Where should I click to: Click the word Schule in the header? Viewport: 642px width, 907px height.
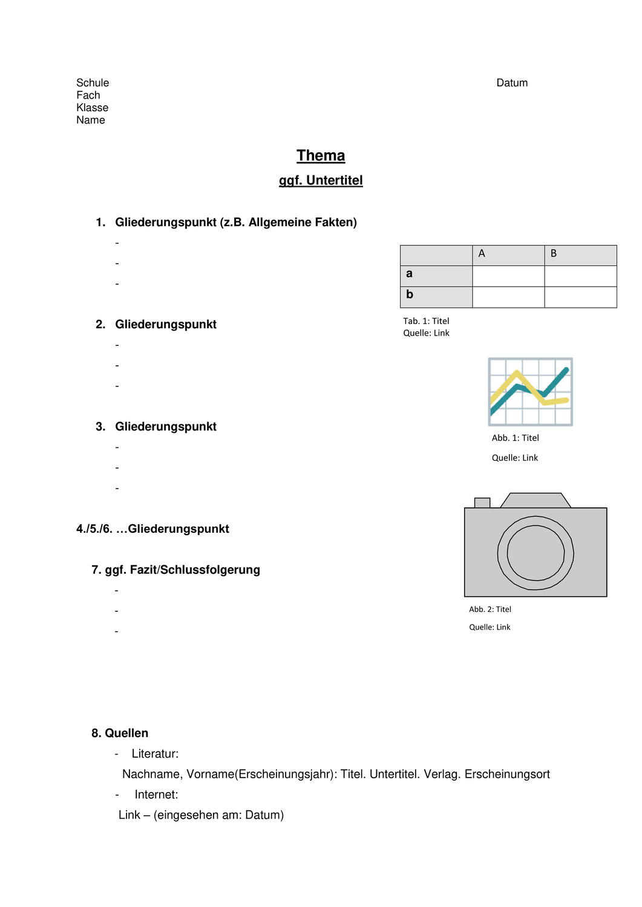(x=93, y=83)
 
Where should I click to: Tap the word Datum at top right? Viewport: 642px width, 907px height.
(x=512, y=83)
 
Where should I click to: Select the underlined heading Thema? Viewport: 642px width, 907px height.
(x=321, y=155)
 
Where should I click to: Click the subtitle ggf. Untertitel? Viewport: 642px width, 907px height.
(x=321, y=180)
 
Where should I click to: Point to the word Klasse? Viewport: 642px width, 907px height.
(x=92, y=108)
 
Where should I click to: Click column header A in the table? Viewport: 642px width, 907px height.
(x=482, y=254)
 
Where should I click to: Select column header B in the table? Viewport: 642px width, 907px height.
(x=554, y=254)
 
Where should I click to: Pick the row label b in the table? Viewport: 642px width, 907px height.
(x=410, y=294)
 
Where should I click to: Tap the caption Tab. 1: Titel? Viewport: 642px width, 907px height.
(x=426, y=321)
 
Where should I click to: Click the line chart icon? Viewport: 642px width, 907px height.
(x=530, y=392)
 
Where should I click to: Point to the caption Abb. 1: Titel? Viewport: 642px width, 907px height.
(x=515, y=438)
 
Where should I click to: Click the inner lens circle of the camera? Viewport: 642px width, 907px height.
(x=536, y=553)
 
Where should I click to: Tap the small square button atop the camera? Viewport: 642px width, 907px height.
(x=482, y=502)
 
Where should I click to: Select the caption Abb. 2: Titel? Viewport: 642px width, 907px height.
(x=490, y=610)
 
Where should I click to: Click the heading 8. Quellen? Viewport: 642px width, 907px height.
(x=120, y=733)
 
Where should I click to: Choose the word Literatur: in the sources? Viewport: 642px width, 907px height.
(x=155, y=753)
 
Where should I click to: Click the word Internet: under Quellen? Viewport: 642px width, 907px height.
(x=156, y=795)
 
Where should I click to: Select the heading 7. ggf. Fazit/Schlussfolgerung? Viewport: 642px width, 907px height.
(x=175, y=570)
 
